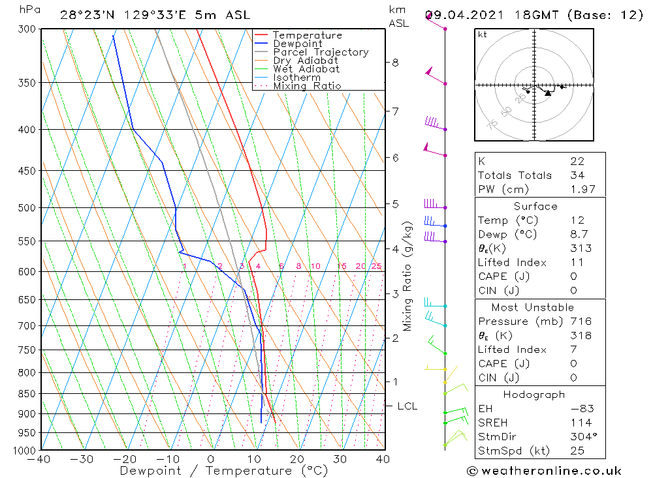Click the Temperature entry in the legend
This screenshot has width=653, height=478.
[x=307, y=35]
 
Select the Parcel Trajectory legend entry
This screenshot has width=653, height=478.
[x=321, y=52]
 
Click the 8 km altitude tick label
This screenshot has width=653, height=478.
[x=395, y=63]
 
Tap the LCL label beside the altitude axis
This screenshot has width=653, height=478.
[x=407, y=406]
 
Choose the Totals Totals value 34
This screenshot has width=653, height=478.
[x=577, y=175]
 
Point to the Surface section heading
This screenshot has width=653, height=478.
[x=535, y=206]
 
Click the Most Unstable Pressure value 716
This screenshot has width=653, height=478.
[x=581, y=321]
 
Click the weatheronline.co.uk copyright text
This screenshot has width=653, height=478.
[x=544, y=470]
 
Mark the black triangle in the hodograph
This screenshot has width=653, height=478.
[x=548, y=93]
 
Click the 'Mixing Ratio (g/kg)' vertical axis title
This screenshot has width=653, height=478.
[x=408, y=276]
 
